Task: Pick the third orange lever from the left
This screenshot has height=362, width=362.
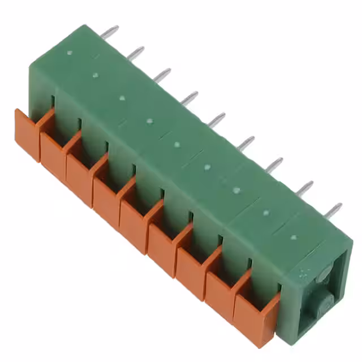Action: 80,178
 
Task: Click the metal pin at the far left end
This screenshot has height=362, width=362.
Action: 110,32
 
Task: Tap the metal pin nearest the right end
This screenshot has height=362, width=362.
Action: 333,210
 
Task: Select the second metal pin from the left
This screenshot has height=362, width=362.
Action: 136,53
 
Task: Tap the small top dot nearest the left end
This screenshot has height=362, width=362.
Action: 69,53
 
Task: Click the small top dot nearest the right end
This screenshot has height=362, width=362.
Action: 293,236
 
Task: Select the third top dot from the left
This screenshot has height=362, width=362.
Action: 122,97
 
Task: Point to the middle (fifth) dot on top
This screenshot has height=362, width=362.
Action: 176,143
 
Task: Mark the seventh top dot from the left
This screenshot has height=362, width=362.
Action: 236,190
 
